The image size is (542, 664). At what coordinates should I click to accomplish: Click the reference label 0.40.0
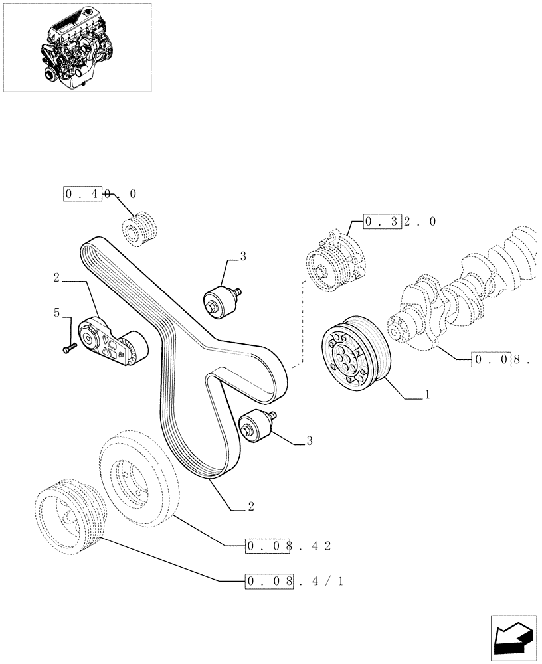[100, 194]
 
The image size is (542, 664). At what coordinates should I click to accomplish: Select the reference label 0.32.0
[399, 222]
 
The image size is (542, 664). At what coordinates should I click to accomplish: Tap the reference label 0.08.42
[288, 546]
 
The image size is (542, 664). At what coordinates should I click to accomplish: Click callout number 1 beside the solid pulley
[427, 394]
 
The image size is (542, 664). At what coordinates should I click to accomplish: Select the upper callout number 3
[243, 256]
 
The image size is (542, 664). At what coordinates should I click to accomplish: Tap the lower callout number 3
[310, 440]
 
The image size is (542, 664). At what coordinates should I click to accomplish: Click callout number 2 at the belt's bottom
[250, 507]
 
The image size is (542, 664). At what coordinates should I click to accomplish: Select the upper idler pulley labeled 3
[221, 299]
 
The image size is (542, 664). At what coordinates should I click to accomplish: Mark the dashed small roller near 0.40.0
[141, 228]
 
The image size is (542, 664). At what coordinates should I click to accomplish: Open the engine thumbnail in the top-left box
[76, 46]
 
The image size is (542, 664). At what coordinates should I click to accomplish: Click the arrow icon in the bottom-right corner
[514, 638]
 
